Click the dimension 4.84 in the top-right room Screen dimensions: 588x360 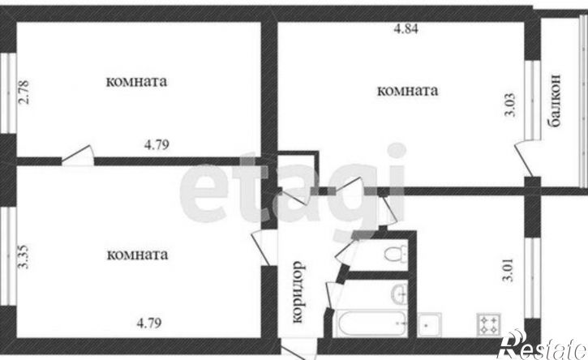coord(406,28)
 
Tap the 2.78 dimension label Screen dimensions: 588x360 coord(24,92)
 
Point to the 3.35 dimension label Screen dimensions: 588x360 coord(24,256)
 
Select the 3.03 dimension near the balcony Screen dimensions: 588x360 coord(510,105)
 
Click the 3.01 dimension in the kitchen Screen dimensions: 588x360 coord(508,270)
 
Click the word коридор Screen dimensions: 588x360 coord(298,292)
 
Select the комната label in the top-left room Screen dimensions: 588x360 coord(136,82)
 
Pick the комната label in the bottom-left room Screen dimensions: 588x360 coord(137,255)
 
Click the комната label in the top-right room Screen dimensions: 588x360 coord(407,91)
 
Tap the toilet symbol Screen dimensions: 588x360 coord(396,254)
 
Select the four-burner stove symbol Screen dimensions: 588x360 coord(489,325)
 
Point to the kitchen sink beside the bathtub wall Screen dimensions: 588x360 coord(430,325)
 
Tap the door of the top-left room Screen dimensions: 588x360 coord(78,156)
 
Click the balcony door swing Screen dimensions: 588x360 coord(524,159)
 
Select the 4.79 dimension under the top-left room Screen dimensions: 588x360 coord(157,144)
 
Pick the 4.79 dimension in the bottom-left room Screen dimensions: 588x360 coord(149,323)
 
